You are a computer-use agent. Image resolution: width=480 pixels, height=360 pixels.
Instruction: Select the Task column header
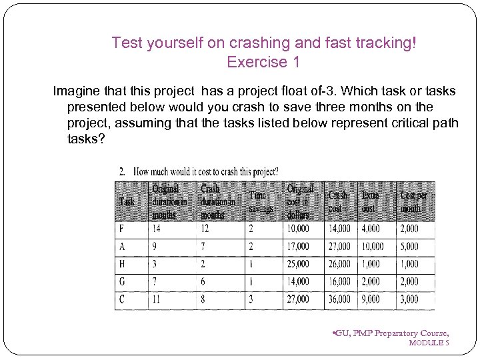coord(126,201)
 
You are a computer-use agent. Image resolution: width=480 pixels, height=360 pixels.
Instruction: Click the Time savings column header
coord(261,201)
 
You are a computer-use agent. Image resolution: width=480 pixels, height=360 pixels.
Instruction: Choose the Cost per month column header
coord(415,201)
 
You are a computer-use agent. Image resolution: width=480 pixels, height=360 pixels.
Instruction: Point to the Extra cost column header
coord(371,201)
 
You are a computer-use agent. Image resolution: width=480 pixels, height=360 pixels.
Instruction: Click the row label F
coord(122,229)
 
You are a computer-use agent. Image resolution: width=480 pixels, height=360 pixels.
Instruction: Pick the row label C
coord(122,299)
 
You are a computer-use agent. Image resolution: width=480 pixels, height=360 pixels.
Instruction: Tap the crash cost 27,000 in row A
coord(339,247)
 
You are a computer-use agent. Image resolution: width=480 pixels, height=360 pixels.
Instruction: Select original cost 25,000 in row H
coord(298,264)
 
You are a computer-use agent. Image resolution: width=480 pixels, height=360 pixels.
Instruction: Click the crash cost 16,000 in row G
coord(339,282)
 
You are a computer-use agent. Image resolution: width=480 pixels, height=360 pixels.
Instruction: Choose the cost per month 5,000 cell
coord(409,247)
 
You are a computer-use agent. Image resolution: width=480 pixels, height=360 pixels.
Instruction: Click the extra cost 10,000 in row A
coord(372,247)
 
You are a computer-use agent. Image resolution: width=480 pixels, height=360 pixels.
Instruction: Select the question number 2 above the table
coord(122,171)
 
